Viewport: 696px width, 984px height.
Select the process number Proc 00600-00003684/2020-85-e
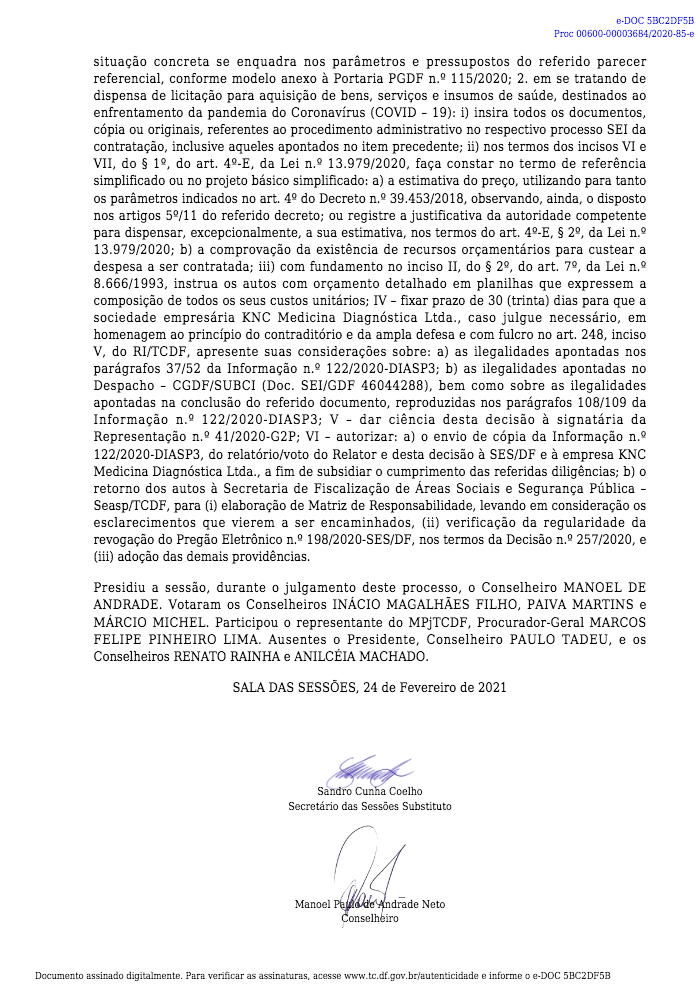638,33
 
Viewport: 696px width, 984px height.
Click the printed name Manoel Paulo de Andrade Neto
370,904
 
